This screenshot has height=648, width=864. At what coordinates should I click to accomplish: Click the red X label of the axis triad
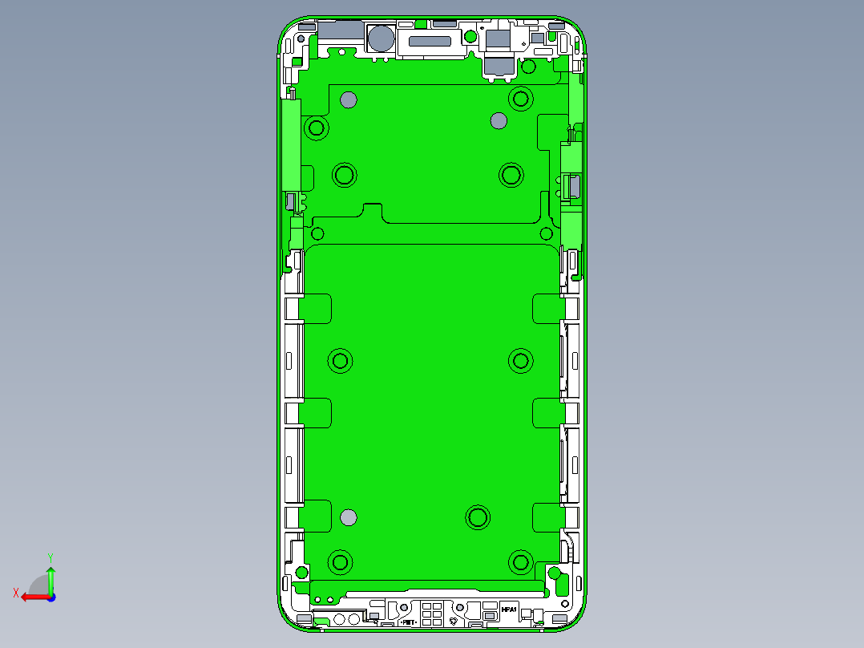tap(15, 593)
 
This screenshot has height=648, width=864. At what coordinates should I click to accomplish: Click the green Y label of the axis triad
tap(50, 557)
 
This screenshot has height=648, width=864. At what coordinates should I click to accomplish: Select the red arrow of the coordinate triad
tap(32, 597)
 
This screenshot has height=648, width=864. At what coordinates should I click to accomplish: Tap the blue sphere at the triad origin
tap(50, 597)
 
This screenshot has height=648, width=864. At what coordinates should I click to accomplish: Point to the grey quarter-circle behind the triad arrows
tap(38, 585)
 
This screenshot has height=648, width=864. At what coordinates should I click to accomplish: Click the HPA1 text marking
tap(509, 610)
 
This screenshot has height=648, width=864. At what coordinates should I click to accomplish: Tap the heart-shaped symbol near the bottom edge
tap(454, 620)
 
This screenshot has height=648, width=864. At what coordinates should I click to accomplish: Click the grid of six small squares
tap(430, 613)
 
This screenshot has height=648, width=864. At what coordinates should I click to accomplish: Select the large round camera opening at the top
tap(380, 38)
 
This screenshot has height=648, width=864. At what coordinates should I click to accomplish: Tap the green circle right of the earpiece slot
tap(468, 36)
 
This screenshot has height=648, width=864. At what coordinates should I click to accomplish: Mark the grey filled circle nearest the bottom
tap(348, 517)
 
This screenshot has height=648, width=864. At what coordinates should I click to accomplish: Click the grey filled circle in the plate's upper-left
tap(348, 99)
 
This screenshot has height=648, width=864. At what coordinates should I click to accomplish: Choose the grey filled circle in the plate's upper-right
tap(498, 121)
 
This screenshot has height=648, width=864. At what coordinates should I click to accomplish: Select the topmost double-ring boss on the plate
tap(521, 99)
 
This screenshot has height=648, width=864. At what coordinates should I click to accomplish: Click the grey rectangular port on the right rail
tap(575, 188)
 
